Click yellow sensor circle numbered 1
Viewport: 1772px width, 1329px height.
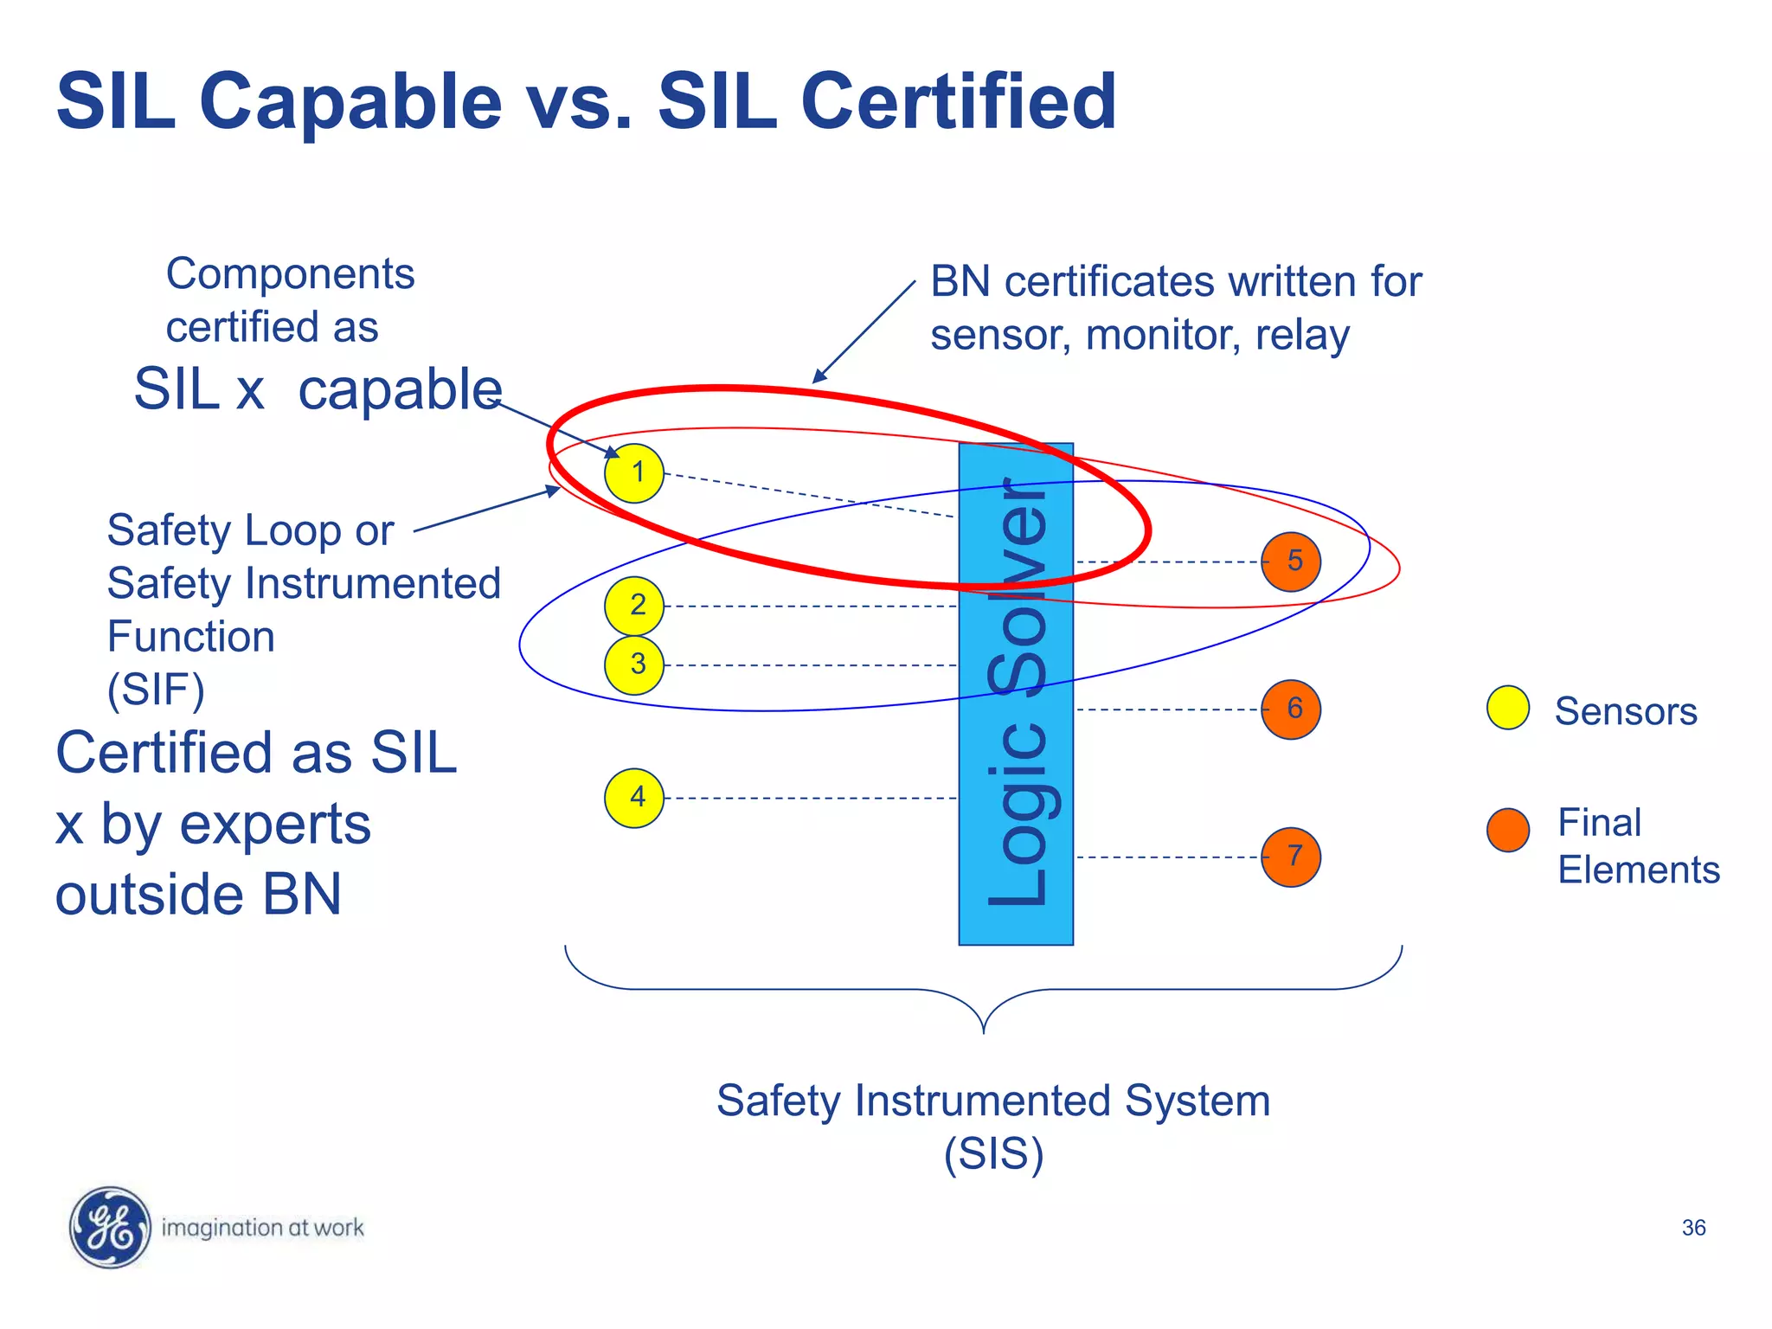coord(634,473)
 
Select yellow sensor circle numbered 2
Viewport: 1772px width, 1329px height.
coord(634,606)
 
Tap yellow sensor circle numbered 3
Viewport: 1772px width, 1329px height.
coord(634,665)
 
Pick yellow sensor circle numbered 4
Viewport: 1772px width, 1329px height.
coord(634,798)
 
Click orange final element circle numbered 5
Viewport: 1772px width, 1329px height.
coord(1291,562)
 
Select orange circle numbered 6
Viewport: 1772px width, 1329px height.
coord(1291,709)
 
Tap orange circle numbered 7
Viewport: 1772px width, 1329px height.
coord(1291,857)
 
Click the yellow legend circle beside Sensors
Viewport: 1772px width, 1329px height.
coord(1508,708)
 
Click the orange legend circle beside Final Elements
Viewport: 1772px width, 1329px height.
coord(1508,831)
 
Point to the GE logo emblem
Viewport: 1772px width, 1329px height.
coord(110,1227)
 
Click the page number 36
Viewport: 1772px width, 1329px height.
coord(1693,1228)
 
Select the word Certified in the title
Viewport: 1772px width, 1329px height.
coord(959,102)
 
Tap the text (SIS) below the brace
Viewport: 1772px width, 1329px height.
coord(993,1154)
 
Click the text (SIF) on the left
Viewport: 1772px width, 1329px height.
coord(156,690)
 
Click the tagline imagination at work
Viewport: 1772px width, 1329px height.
coord(262,1228)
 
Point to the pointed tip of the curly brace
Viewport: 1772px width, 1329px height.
coord(984,1031)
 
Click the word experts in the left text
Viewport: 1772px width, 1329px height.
coord(274,824)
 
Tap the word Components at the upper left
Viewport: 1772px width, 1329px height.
coord(290,274)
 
